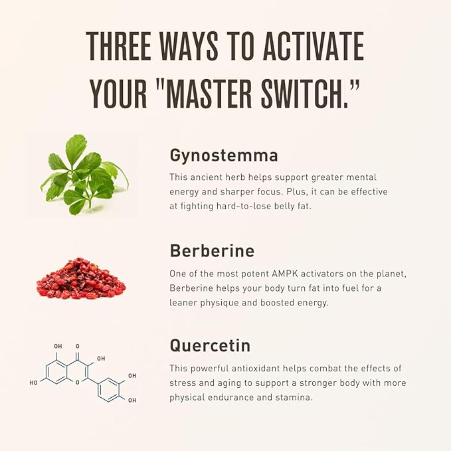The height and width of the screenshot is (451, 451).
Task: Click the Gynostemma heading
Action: [x=224, y=156]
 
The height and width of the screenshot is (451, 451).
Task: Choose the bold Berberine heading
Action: [x=212, y=250]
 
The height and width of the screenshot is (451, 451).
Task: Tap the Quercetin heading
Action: [x=210, y=345]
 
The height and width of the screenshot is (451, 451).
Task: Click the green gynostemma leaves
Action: [x=84, y=174]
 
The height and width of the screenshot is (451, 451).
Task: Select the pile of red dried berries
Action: [x=81, y=278]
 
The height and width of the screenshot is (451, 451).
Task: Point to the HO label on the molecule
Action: [x=33, y=383]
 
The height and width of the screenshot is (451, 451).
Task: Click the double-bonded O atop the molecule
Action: [x=77, y=346]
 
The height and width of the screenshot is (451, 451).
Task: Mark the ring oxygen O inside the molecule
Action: [x=77, y=383]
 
